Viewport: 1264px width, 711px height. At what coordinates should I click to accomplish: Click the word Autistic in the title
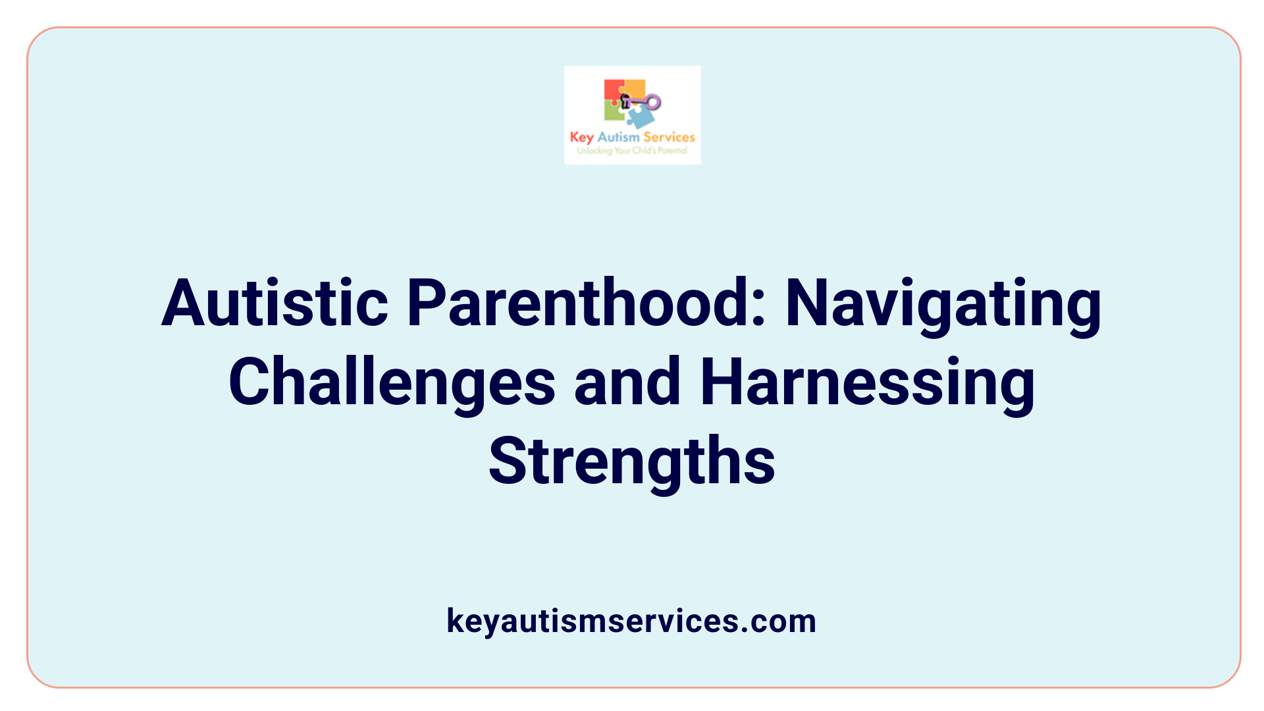275,303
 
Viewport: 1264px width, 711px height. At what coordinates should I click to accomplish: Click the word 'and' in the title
627,382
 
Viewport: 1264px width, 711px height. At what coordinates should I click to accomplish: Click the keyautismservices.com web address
631,621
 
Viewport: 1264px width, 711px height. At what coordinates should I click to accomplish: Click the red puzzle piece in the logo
613,90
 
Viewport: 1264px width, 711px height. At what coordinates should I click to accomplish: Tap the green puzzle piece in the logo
614,112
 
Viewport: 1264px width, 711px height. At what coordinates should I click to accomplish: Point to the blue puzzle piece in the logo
640,117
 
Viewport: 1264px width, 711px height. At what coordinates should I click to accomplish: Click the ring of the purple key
653,102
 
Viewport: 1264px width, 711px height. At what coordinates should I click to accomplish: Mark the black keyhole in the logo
625,101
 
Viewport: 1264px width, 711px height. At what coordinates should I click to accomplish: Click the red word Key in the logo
581,137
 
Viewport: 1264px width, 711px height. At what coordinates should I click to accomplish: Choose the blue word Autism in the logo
618,137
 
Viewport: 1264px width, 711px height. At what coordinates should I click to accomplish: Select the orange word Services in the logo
669,137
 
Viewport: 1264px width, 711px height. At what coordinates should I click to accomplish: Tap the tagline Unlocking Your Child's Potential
632,151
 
